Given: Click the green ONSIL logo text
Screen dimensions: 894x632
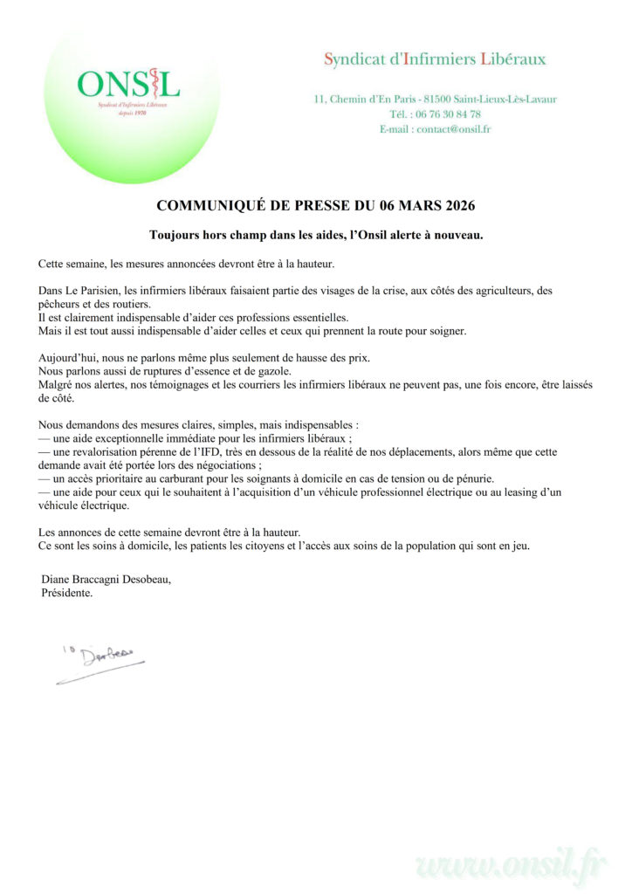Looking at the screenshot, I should [128, 84].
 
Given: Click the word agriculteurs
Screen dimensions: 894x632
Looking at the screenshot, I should [484, 290].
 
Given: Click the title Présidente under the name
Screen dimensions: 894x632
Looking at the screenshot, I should [67, 593].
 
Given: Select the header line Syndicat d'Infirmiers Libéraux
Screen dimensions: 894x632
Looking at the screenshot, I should [435, 60].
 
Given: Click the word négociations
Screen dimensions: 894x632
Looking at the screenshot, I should [214, 465].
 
